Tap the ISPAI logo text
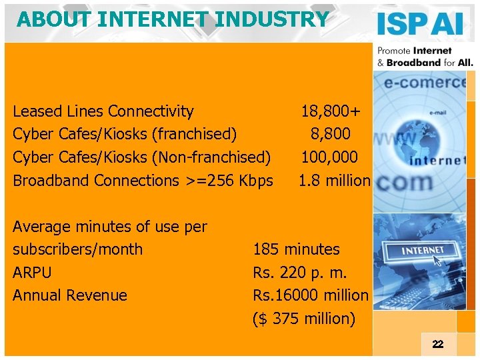click(420, 24)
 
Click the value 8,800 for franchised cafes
click(329, 134)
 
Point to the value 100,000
click(329, 157)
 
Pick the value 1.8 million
click(333, 180)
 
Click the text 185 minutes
click(296, 249)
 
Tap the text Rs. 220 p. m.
click(299, 273)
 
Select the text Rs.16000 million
click(310, 295)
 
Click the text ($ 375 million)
click(303, 319)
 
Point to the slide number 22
click(437, 344)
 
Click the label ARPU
click(32, 273)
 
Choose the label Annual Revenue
click(70, 295)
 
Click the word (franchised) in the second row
click(195, 134)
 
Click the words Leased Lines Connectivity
click(103, 111)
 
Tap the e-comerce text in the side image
click(427, 82)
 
